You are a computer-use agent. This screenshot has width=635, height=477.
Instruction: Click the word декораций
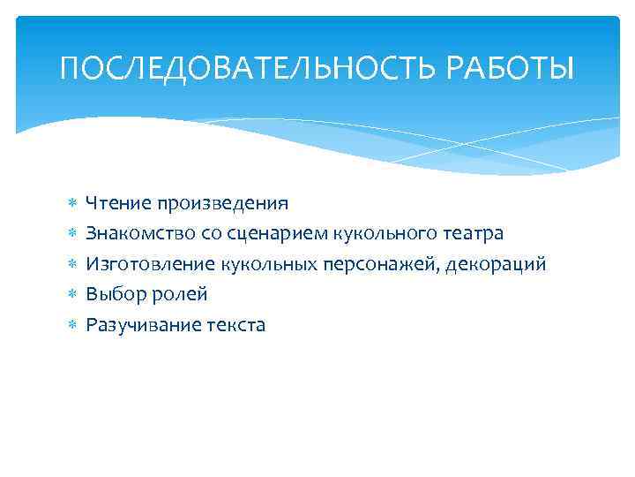496,264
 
